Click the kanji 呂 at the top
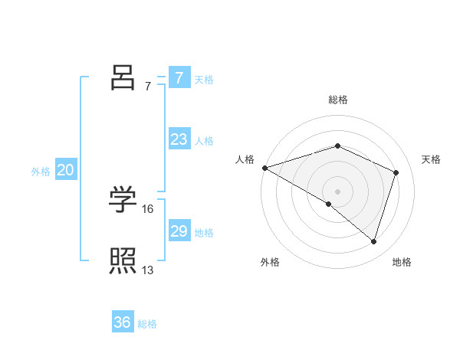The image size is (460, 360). pos(123,77)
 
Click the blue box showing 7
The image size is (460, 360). pos(179,77)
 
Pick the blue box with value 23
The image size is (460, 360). pos(179,139)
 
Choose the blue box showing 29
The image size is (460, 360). pos(179,231)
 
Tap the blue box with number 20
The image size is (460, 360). pos(65,170)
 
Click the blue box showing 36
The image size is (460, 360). pos(123,322)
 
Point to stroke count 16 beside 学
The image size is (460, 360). pos(148,208)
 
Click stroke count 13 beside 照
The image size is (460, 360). pos(148,270)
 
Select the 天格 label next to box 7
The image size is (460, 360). pos(204,79)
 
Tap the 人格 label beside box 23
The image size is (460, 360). pos(204,141)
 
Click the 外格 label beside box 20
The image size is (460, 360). pos(41,172)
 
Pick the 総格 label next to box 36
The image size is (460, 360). pos(147,324)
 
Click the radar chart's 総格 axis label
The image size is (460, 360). pos(338,100)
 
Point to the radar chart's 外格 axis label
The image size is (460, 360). pos(270,262)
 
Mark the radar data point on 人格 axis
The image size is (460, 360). pos(264,167)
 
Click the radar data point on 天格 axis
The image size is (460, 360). pos(396,172)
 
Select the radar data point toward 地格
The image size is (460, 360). pos(373,242)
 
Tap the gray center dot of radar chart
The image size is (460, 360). pos(338,191)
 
